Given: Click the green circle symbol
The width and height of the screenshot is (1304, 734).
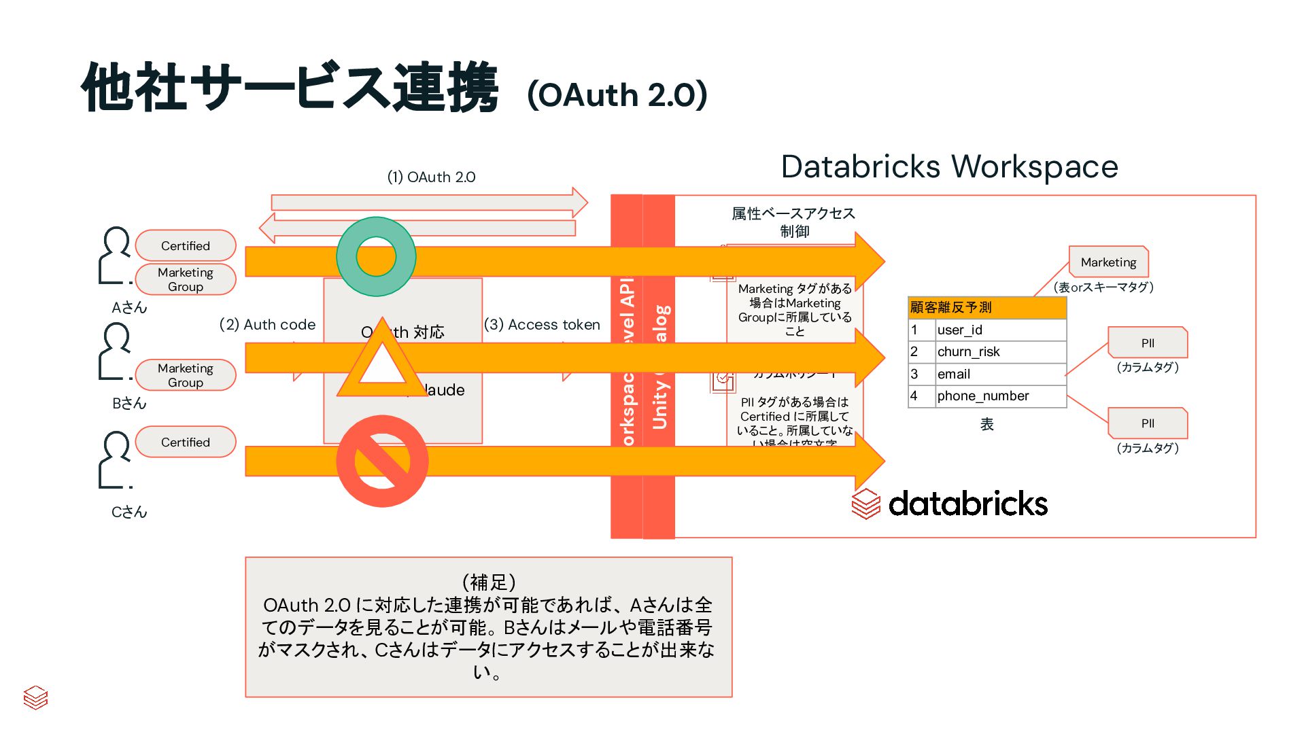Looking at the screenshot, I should click(x=376, y=257).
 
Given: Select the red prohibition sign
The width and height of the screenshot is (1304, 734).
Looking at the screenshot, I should click(x=382, y=461).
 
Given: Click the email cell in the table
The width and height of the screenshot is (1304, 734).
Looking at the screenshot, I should click(x=999, y=374).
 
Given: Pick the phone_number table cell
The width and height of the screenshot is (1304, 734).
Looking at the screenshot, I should click(x=999, y=396).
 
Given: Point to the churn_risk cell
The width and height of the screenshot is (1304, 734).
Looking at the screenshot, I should click(x=999, y=351).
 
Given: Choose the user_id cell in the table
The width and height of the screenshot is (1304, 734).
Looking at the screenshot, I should click(x=999, y=330).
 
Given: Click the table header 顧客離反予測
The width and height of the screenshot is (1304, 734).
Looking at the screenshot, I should click(x=986, y=307).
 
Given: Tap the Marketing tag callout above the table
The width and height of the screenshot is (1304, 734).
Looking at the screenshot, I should click(x=1108, y=262).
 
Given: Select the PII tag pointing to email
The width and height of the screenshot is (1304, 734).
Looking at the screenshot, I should click(x=1148, y=343).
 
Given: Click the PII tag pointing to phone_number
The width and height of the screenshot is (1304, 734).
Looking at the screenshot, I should click(x=1148, y=423).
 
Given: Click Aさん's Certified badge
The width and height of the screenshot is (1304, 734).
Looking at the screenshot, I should click(x=186, y=245).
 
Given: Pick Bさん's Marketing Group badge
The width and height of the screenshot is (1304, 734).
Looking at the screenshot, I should click(x=186, y=374).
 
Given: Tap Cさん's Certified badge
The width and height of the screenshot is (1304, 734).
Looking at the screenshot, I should click(x=186, y=442).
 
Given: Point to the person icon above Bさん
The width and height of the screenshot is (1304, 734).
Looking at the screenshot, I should click(x=115, y=351).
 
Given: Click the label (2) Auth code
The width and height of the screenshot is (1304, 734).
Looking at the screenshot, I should click(x=267, y=324).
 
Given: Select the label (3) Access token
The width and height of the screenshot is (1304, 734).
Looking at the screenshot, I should click(x=542, y=324).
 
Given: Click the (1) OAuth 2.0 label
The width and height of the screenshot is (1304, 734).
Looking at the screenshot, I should click(x=431, y=177).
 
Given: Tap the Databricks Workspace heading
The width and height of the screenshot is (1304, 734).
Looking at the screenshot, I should click(x=949, y=167).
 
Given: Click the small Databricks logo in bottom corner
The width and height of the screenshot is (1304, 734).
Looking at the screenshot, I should click(x=35, y=697).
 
